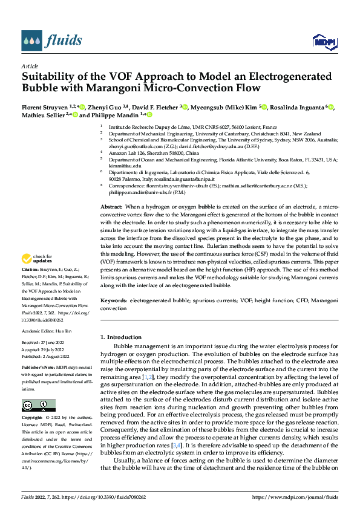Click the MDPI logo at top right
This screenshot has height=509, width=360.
[324, 41]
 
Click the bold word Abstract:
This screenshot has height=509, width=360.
[112, 207]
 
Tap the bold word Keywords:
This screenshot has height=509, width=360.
[114, 300]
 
